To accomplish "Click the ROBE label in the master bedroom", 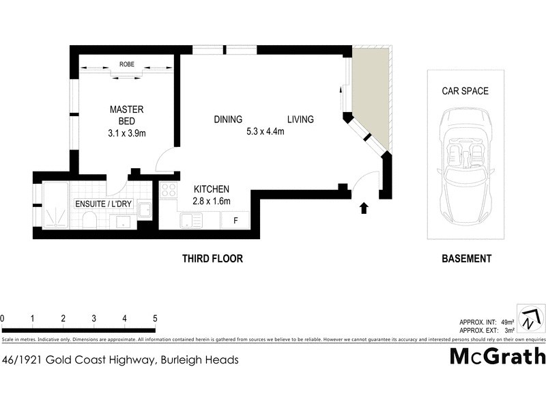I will point(127,64).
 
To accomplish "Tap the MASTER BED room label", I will point(127,115).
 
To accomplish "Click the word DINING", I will point(228,120).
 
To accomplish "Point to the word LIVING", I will point(300,120).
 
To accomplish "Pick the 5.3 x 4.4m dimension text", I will point(265,132).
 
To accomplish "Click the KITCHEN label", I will point(212,189).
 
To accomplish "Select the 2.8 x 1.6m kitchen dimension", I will point(212,201).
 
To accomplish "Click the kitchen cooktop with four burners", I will point(168,190).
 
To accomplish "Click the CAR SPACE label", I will point(465,91).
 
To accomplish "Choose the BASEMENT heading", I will point(466,259).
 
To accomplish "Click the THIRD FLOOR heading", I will point(212,259).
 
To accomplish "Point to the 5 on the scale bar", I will point(155,318).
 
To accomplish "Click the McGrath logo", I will point(498,356).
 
